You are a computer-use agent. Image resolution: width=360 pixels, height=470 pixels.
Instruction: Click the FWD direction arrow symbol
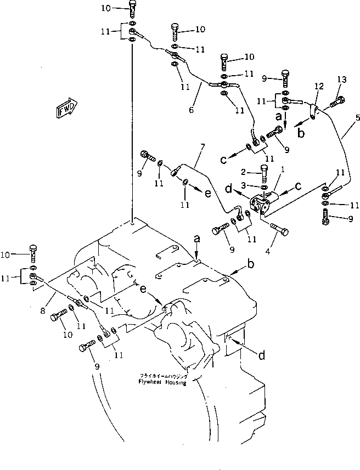[x=66, y=107]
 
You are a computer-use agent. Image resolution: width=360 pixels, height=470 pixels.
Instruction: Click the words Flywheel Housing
[x=162, y=382]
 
